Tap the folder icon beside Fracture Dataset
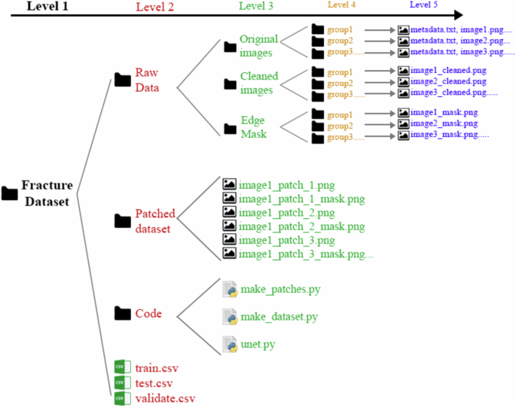pos(10,193)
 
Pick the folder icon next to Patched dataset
pos(122,220)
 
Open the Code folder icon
pos(122,312)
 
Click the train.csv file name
pos(156,368)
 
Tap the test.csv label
pos(153,383)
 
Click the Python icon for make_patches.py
pos(231,289)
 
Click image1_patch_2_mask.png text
pos(302,226)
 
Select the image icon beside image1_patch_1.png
pos(230,184)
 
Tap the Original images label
pos(258,45)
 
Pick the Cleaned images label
pos(258,83)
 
